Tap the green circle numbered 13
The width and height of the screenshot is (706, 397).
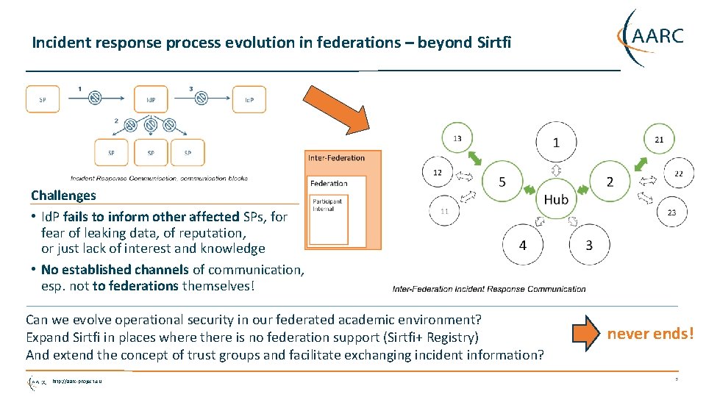(457, 138)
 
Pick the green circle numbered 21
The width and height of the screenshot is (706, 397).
(659, 139)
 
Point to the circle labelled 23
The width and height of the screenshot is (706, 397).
(671, 212)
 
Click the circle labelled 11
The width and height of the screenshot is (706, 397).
(444, 211)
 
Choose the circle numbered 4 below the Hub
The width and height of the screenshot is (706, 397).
(522, 245)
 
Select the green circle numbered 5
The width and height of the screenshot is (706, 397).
(502, 181)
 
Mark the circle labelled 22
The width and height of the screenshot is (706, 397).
(677, 174)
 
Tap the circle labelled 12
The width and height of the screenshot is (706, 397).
(437, 173)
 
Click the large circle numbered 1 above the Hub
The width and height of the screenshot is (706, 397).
(556, 142)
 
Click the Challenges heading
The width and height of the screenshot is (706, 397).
(63, 196)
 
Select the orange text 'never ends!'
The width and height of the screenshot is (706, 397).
(649, 334)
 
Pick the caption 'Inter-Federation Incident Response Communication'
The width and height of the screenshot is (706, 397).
(489, 289)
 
